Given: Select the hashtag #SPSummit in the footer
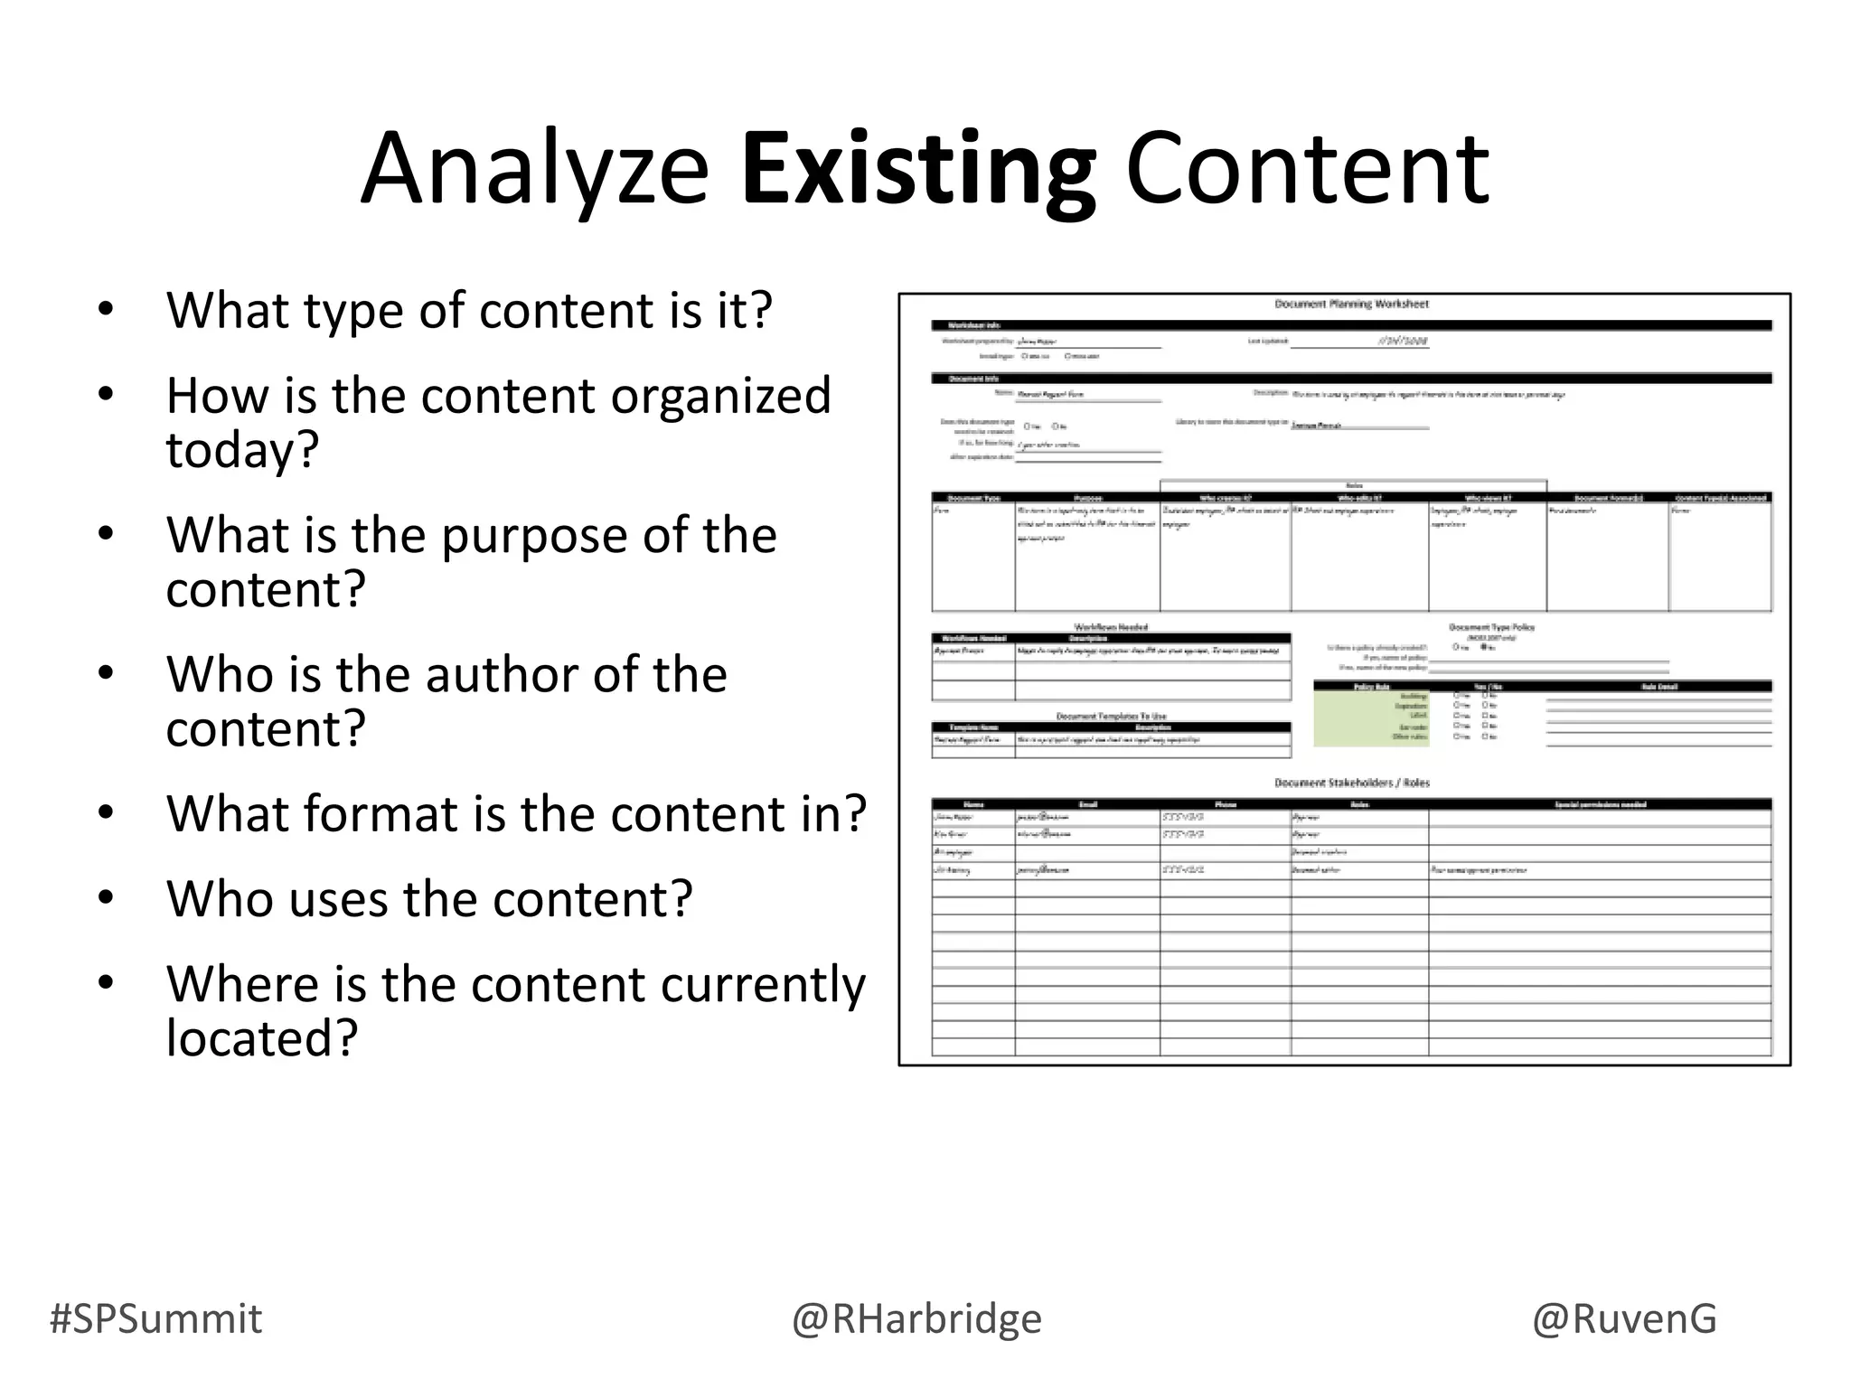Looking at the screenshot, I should (x=155, y=1318).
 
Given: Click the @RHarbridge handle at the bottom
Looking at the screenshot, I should (x=916, y=1318).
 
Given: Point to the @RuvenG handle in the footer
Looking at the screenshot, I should (x=1624, y=1318).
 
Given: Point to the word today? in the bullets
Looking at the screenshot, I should (x=242, y=449).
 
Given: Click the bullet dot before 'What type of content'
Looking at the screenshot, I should (x=107, y=310).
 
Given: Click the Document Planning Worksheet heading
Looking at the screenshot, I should (x=1351, y=305).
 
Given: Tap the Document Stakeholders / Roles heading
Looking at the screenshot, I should (x=1351, y=783).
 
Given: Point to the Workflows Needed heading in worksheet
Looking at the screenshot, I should (x=1111, y=627).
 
